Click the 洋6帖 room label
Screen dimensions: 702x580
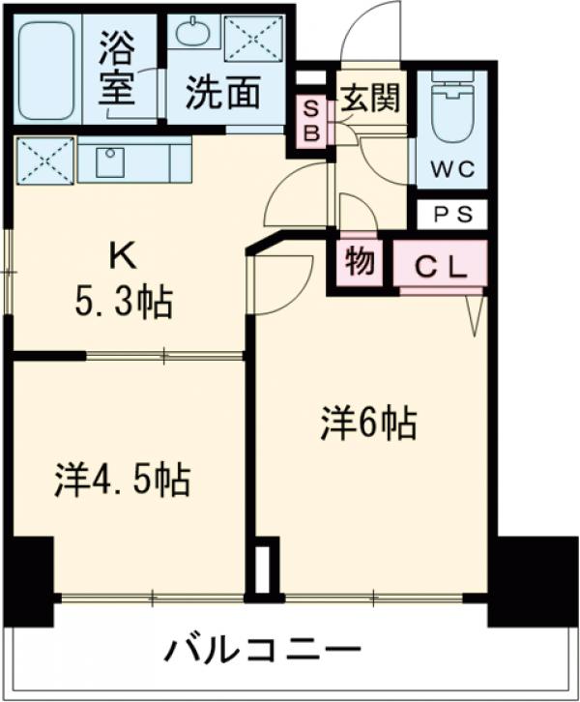pos(368,424)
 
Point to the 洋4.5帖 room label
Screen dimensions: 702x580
pos(121,479)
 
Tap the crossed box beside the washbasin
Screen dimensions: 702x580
pos(252,38)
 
